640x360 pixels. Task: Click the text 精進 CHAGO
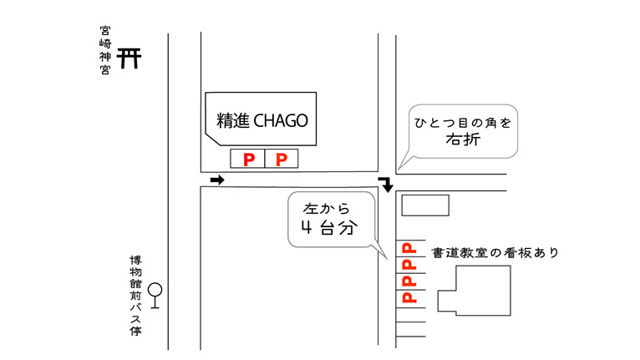point(262,120)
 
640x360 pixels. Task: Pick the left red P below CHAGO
point(247,159)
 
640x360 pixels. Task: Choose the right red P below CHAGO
point(282,159)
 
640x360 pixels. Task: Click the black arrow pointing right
point(217,180)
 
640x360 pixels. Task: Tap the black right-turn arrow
point(386,184)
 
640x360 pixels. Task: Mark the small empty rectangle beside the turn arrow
point(425,205)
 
